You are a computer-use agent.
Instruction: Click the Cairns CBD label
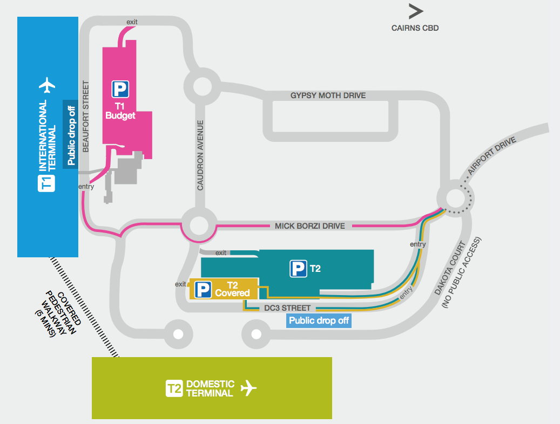pos(415,28)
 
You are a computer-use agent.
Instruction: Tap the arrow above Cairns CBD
pos(416,11)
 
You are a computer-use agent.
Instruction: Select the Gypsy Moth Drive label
pos(328,95)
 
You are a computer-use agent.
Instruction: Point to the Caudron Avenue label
pos(200,155)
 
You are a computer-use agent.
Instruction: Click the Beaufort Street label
pos(86,117)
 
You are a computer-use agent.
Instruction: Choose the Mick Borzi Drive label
pos(309,226)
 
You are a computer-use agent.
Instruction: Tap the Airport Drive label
pos(492,155)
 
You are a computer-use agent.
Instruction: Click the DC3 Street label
pos(287,308)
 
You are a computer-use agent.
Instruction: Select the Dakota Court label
pos(450,268)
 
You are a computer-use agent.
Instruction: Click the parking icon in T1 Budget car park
pos(120,89)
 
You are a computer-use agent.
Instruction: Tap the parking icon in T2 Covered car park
pos(203,290)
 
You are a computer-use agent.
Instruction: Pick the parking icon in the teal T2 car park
pos(298,269)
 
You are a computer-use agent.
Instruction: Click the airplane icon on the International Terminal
pos(47,85)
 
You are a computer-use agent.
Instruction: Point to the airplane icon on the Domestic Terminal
pos(248,388)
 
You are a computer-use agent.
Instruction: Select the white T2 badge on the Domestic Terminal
pos(174,388)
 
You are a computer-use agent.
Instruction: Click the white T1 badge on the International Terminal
pos(46,183)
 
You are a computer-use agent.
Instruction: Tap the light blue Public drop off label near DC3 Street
pos(319,320)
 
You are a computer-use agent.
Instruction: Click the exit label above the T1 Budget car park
pos(132,22)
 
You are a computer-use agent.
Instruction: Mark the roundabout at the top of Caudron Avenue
pos(202,86)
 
